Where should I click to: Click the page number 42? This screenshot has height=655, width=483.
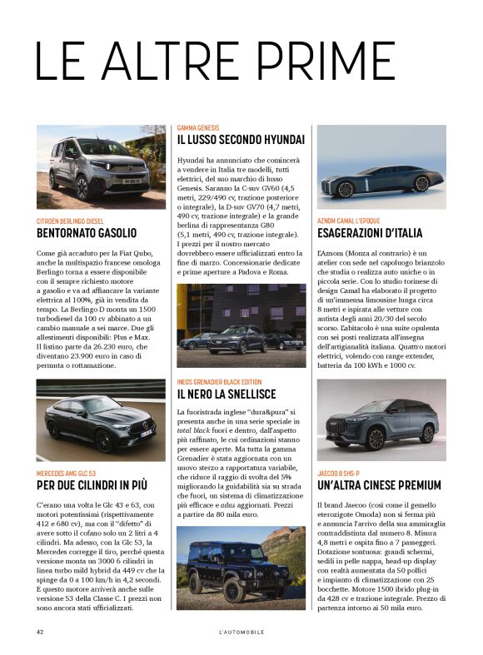pos(39,632)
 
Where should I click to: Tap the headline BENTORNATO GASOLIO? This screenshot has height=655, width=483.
pos(87,233)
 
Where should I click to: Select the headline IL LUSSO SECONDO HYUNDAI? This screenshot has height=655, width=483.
pos(241,140)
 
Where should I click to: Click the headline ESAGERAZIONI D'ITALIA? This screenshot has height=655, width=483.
pos(370,233)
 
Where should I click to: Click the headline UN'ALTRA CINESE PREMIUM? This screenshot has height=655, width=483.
pos(379,485)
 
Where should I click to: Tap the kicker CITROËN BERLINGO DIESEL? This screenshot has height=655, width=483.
pos(70,221)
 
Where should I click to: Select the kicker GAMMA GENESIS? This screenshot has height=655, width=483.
pos(198,127)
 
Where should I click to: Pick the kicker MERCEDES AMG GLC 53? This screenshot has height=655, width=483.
pos(67,473)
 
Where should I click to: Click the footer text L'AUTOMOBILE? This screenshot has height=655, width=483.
pos(241,632)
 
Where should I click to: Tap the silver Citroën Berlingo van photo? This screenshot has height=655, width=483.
pos(90,166)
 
